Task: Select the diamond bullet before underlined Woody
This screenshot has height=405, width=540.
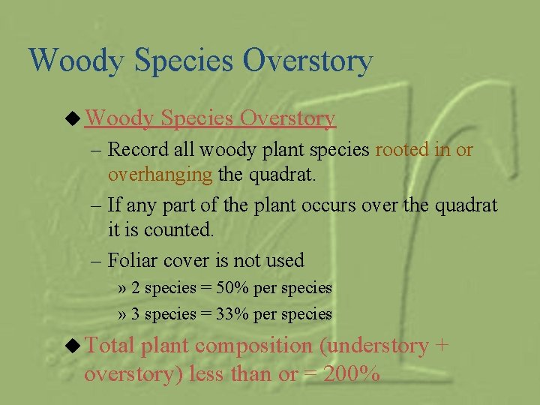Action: (74, 118)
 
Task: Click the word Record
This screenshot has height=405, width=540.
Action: (139, 150)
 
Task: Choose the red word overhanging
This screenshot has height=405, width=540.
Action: (160, 175)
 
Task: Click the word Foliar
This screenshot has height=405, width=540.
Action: (132, 261)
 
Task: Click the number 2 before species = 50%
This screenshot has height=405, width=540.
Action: (136, 288)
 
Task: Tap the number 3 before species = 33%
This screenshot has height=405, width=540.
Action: (136, 314)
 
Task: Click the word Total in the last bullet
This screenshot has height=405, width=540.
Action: (111, 346)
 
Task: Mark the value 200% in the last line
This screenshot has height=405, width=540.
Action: (350, 373)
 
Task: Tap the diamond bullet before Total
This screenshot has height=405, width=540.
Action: (74, 346)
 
